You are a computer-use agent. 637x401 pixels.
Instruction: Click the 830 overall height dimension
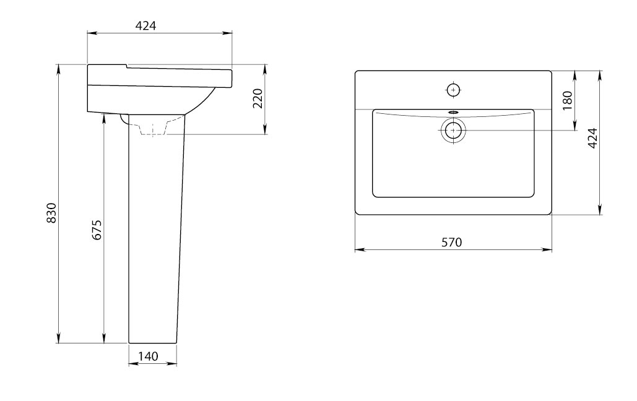[x=51, y=212]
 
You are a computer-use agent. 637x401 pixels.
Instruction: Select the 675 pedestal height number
[x=97, y=230]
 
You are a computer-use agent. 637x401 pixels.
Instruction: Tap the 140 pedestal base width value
[x=148, y=356]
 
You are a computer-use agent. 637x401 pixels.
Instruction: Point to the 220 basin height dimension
[x=258, y=98]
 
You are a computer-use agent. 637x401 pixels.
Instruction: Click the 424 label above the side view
[x=145, y=25]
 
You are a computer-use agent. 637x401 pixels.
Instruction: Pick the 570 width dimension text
[x=452, y=242]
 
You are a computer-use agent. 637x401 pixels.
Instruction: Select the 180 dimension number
[x=568, y=100]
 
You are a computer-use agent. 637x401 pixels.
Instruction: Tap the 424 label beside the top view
[x=592, y=138]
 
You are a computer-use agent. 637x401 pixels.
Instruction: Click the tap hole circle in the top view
[x=453, y=90]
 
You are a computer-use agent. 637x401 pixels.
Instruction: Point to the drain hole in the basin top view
[x=453, y=131]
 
